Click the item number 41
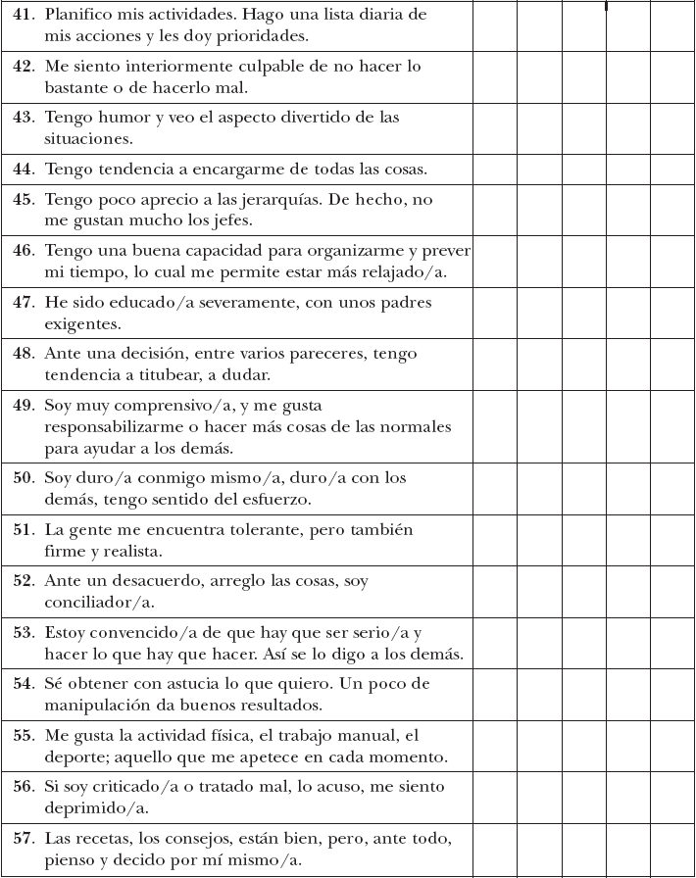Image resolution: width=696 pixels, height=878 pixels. pyautogui.click(x=24, y=16)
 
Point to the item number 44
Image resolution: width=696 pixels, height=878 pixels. pyautogui.click(x=24, y=170)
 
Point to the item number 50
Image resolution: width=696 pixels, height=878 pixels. pyautogui.click(x=24, y=478)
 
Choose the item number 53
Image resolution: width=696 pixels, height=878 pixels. pyautogui.click(x=24, y=633)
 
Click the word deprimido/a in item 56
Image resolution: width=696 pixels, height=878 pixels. pyautogui.click(x=89, y=807)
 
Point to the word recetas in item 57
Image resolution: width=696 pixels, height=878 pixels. pyautogui.click(x=96, y=839)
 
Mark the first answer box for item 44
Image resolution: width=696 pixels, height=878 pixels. pyautogui.click(x=495, y=170)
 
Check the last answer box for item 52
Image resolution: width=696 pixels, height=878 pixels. pyautogui.click(x=672, y=591)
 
